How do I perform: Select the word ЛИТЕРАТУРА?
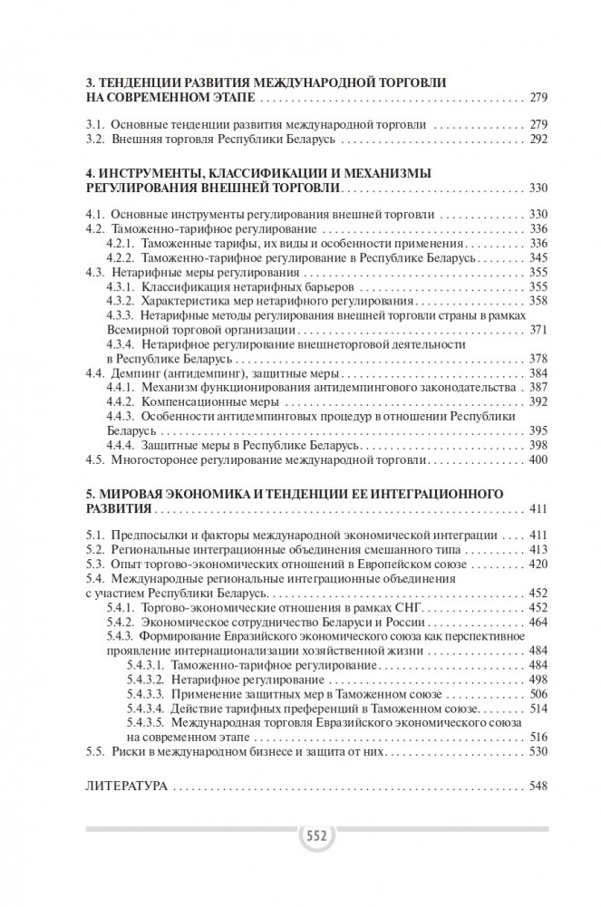coord(125,786)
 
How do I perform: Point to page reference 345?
coord(538,257)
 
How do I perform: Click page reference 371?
coord(538,329)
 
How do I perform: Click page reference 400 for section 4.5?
coord(538,459)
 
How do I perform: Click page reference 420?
coord(538,564)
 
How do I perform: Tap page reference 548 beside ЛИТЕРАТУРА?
coord(538,786)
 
